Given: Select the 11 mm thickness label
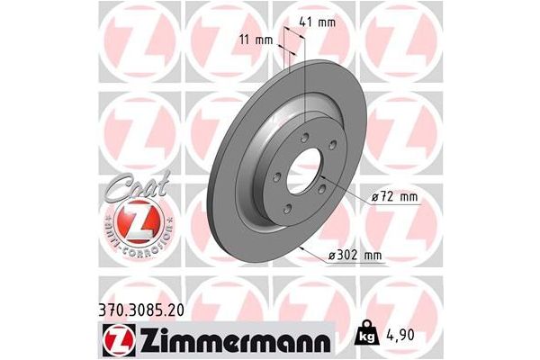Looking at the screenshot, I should pos(257,40).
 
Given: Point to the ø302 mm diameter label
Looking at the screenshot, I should pos(355,256).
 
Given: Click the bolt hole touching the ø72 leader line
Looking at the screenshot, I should pos(325,187).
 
